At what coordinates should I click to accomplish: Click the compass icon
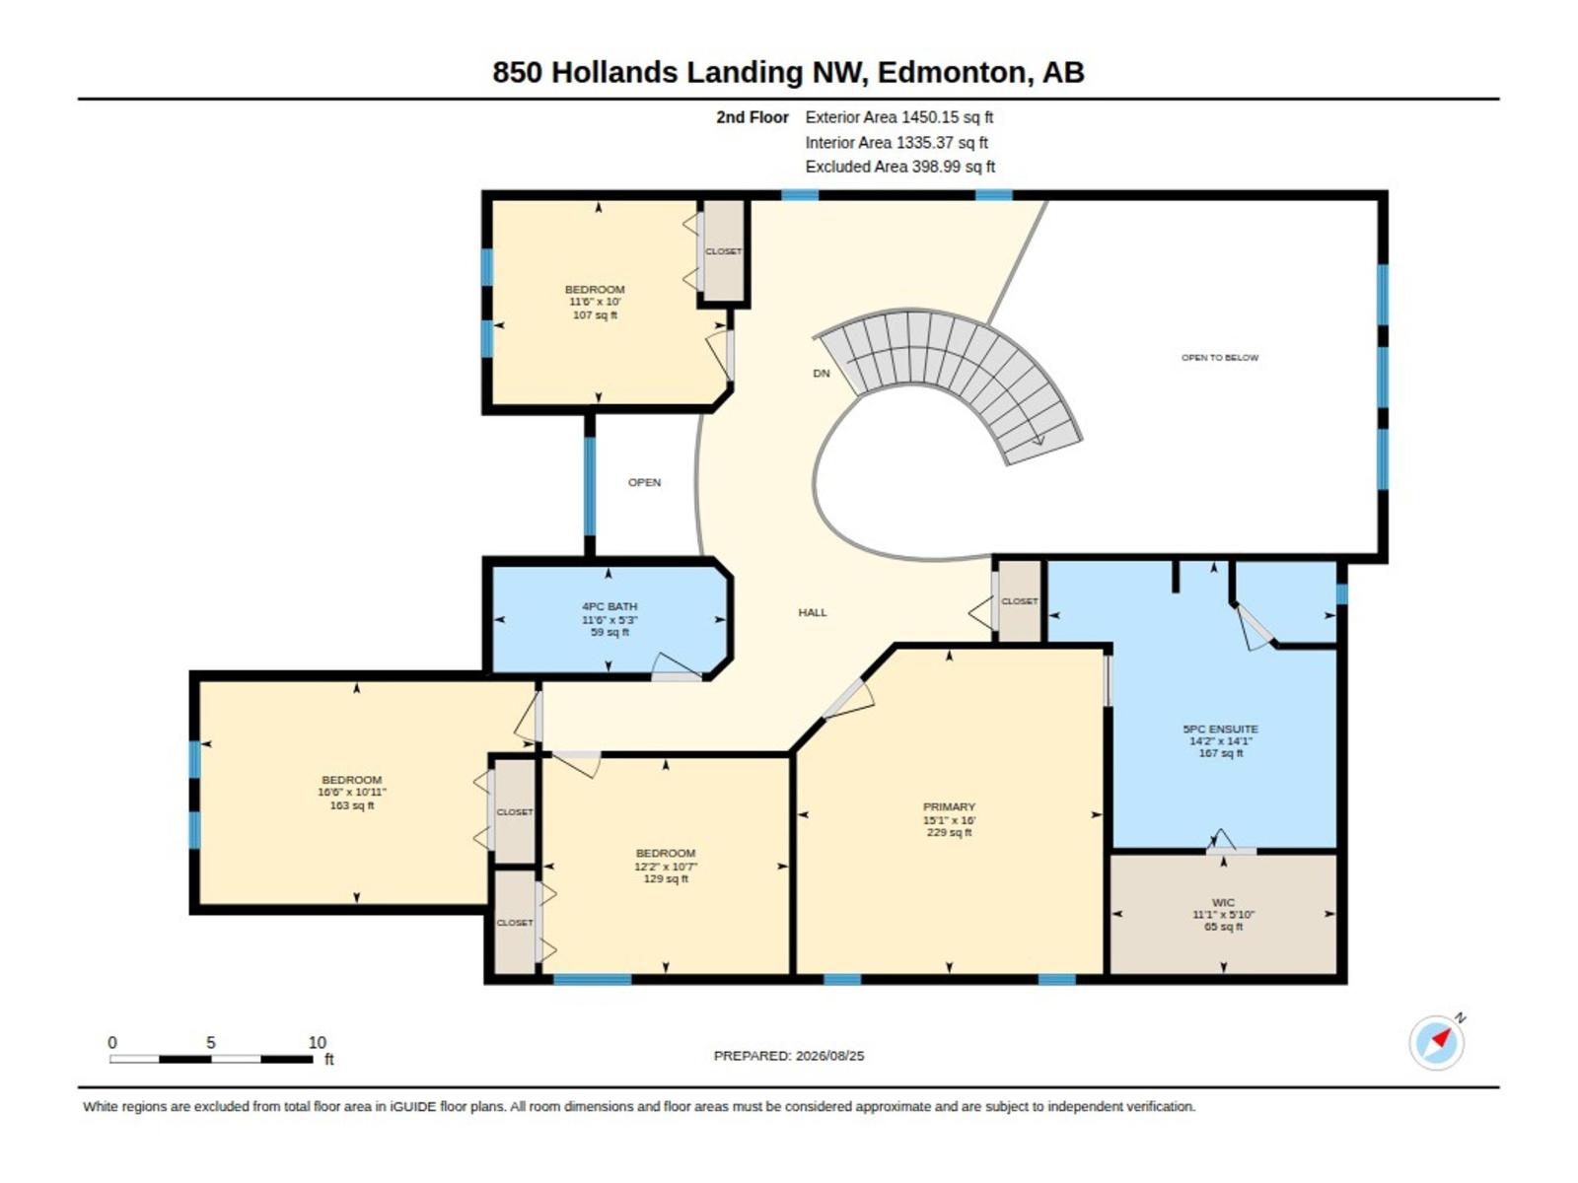click(x=1436, y=1042)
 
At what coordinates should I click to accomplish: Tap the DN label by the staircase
click(x=821, y=373)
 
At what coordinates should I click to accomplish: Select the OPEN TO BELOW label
click(x=1219, y=357)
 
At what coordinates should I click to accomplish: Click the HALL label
click(x=813, y=612)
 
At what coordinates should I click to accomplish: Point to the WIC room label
click(x=1223, y=902)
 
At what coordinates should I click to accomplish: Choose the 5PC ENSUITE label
click(x=1220, y=729)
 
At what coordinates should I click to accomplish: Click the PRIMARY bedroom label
click(x=949, y=806)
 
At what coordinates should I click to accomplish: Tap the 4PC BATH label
click(x=609, y=606)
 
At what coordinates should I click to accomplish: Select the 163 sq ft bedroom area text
click(x=351, y=805)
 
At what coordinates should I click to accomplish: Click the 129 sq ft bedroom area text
click(x=666, y=878)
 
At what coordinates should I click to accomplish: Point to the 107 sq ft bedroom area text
click(x=595, y=314)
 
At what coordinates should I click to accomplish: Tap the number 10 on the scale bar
click(x=317, y=1042)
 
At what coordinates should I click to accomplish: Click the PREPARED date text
click(x=789, y=1056)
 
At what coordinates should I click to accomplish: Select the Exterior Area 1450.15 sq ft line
click(x=898, y=117)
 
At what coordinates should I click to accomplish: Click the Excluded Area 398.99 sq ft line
click(x=900, y=167)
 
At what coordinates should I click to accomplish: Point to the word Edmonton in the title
click(x=952, y=73)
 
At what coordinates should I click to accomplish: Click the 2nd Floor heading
click(x=752, y=117)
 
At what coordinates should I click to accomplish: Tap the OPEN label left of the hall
click(x=644, y=482)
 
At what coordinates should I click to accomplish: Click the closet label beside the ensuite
click(x=1020, y=601)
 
